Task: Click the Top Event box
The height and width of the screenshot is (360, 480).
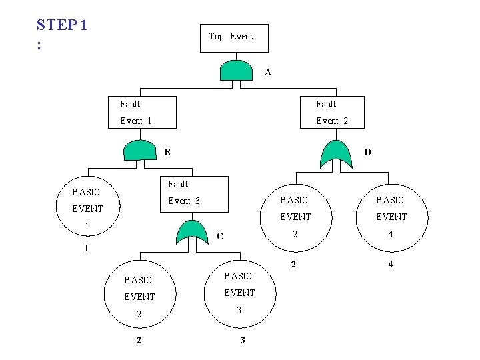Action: point(234,37)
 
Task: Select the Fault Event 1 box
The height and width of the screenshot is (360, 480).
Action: point(143,112)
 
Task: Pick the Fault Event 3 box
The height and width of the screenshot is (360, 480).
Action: point(193,194)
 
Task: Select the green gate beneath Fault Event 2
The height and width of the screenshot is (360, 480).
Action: point(336,154)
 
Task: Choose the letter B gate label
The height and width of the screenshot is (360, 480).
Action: point(167,152)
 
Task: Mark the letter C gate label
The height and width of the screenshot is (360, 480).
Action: point(219,237)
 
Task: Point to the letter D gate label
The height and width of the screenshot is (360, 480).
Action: point(367,152)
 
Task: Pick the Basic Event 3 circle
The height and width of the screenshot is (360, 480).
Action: point(239,293)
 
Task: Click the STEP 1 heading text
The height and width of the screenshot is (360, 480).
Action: point(62,26)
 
